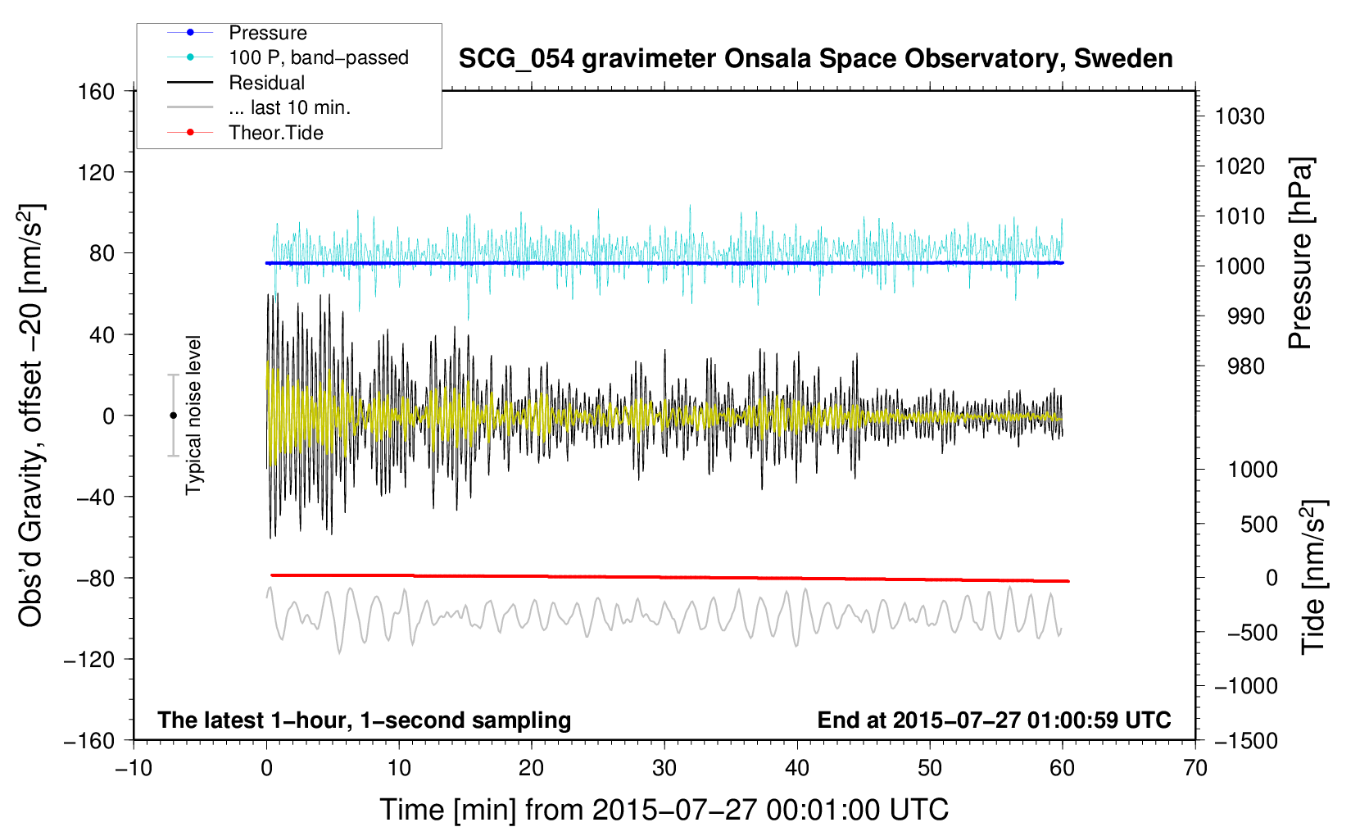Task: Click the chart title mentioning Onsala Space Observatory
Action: (x=815, y=59)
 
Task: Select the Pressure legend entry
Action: (x=238, y=33)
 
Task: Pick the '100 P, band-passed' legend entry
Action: (x=288, y=57)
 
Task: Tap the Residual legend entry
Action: (x=236, y=83)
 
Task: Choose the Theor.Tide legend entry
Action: (x=245, y=133)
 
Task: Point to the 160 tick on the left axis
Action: (x=96, y=92)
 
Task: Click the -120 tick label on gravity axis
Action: (x=89, y=659)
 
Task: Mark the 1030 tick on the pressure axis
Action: (x=1240, y=116)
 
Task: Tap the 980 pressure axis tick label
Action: (x=1245, y=366)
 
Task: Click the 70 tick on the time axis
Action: (x=1195, y=768)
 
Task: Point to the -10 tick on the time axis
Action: (x=134, y=768)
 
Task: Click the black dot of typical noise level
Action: (x=173, y=416)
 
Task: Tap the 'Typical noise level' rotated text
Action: (x=193, y=416)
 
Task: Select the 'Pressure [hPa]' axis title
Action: (x=1300, y=253)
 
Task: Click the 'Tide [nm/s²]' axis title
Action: (x=1313, y=577)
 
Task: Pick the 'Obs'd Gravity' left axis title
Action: (x=30, y=416)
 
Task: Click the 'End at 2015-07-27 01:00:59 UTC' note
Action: (x=994, y=720)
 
